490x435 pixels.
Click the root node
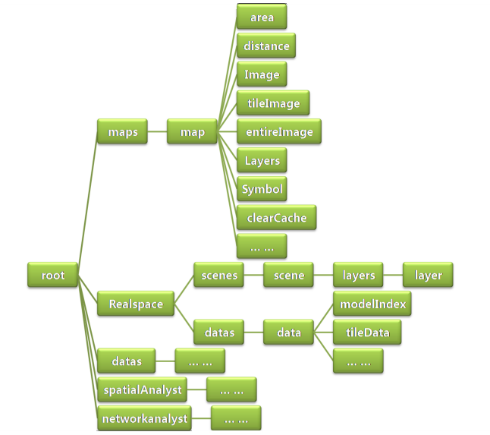(x=52, y=276)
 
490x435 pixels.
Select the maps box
(x=122, y=132)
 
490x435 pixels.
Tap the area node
(x=262, y=17)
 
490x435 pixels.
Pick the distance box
(x=266, y=46)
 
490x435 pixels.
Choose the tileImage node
(x=273, y=103)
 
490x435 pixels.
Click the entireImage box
(x=279, y=132)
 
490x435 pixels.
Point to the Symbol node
(x=262, y=189)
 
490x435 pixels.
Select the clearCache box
(x=276, y=218)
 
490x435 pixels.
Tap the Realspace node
(x=136, y=304)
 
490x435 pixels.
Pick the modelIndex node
(x=372, y=304)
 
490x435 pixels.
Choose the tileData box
(x=367, y=333)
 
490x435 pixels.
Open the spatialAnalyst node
(x=142, y=390)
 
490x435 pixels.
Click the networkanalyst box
(x=144, y=418)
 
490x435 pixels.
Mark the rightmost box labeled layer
(x=428, y=276)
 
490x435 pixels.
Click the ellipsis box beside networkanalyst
(x=236, y=418)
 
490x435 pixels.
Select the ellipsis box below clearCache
(x=262, y=247)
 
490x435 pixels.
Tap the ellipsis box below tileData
(x=358, y=362)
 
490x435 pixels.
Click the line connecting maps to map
(x=157, y=132)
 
